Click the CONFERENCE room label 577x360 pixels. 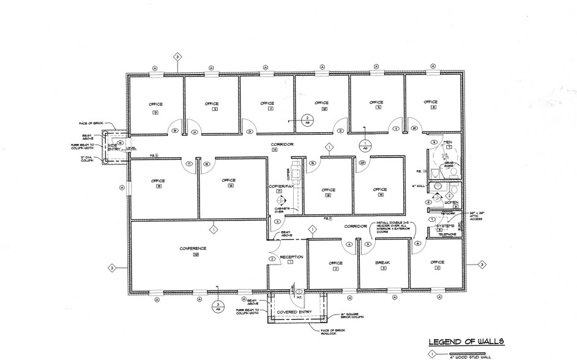(x=193, y=248)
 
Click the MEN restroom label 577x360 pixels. (x=447, y=142)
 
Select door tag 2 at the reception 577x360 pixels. (x=270, y=259)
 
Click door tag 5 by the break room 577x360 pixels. (x=368, y=244)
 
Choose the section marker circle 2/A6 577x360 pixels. (x=308, y=119)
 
